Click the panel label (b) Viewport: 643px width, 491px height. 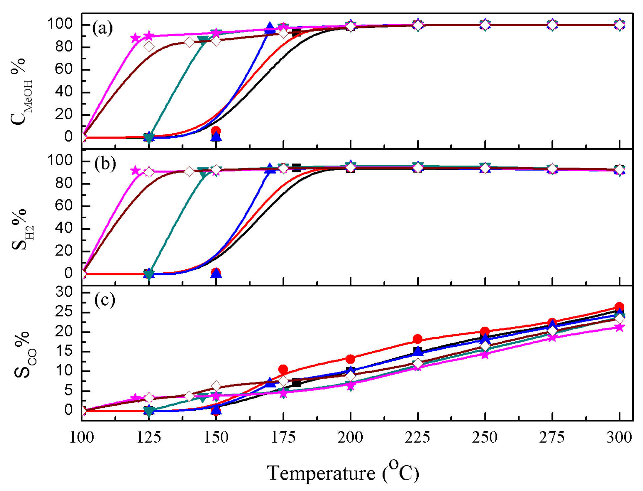coord(105,164)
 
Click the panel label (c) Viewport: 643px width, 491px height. coord(105,300)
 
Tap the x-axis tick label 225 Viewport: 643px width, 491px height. coord(417,438)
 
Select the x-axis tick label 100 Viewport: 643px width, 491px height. coord(82,438)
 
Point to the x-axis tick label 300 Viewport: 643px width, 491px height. coord(619,438)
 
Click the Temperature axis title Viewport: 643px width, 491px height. coord(343,473)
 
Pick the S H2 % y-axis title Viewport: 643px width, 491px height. coord(22,229)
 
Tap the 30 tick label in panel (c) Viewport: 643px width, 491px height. coord(64,292)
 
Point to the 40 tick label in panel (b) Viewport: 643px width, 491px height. coord(64,228)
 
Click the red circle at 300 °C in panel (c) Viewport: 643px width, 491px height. coord(619,307)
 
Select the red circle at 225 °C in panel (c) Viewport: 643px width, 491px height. coord(418,339)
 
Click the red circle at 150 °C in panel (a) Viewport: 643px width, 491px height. coord(216,131)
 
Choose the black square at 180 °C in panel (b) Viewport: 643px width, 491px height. coord(296,168)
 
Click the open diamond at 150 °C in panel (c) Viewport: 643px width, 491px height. coord(216,386)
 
